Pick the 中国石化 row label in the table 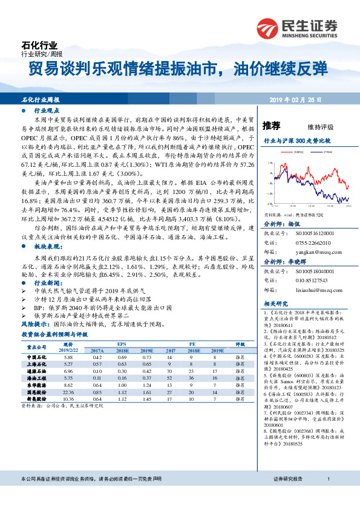[38, 357]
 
